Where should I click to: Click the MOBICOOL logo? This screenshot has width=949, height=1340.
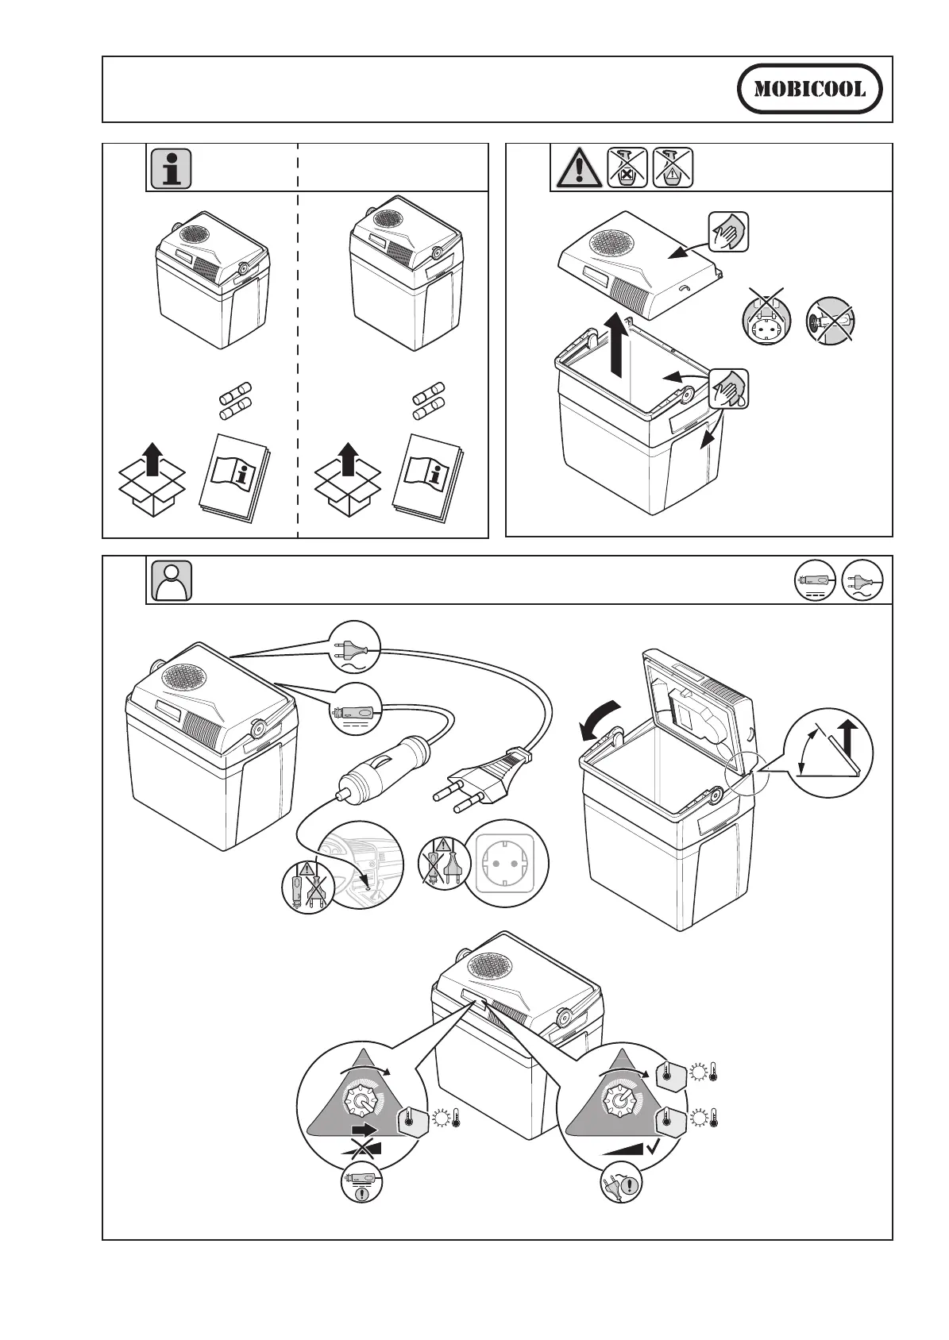coord(810,89)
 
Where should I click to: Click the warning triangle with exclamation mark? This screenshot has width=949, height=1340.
coord(577,168)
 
